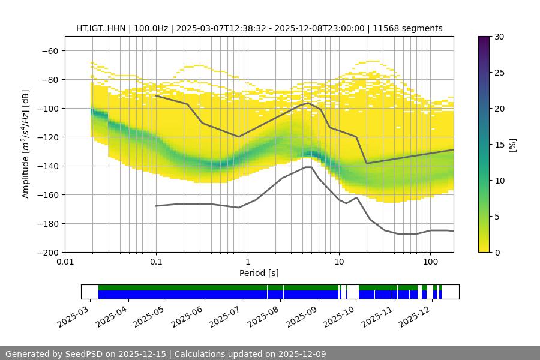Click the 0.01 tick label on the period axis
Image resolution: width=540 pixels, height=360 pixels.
[65, 262]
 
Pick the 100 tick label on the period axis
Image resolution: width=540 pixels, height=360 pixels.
[430, 262]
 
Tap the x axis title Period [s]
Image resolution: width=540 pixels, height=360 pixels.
[259, 273]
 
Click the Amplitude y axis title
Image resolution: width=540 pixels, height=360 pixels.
[26, 144]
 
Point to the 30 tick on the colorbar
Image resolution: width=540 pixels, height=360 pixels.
[499, 37]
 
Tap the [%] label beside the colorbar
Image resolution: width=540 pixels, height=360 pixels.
[512, 144]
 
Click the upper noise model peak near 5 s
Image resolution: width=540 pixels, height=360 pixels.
[308, 103]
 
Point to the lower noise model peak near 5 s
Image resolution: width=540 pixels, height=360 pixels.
[308, 167]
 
